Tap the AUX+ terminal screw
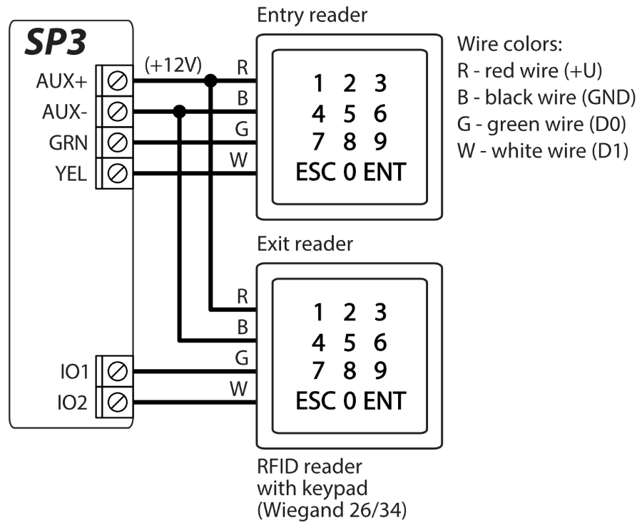coord(116,81)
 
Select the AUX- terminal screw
coord(116,112)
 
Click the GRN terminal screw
coord(116,142)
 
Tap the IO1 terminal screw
coord(116,370)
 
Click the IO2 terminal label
coord(71,402)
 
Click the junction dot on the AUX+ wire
coord(210,81)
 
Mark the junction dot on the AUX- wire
coord(180,112)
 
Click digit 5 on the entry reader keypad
coord(349,113)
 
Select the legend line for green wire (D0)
coord(541,125)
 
